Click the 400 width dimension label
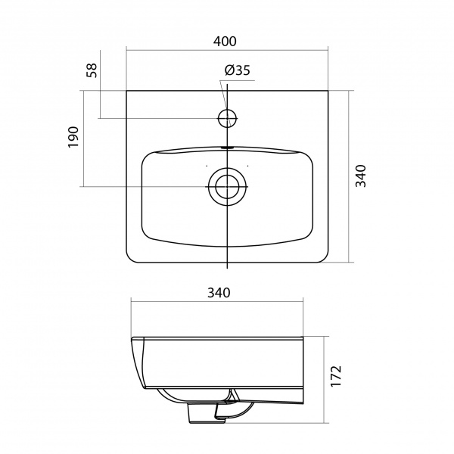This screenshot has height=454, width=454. [225, 42]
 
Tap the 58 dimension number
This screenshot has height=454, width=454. [92, 70]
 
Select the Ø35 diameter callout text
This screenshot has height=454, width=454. [237, 70]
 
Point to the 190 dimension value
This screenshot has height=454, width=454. [73, 137]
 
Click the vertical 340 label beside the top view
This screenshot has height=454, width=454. [361, 176]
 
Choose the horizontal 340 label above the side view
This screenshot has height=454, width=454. [219, 293]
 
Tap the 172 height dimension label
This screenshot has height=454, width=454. [336, 376]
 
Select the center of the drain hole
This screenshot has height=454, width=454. [227, 187]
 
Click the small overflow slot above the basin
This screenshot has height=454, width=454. [227, 148]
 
